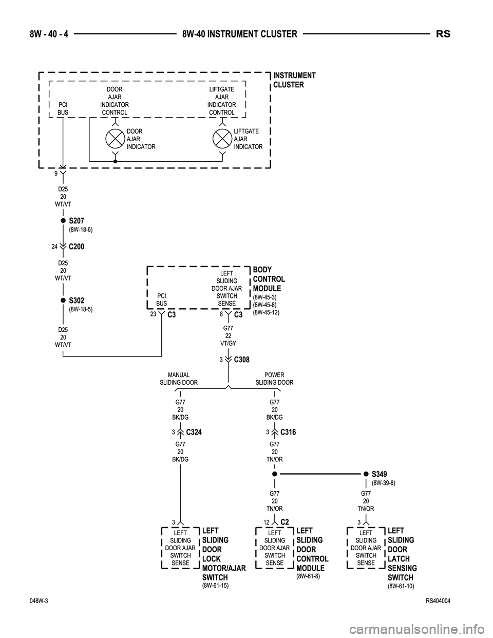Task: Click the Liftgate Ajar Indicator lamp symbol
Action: coord(222,139)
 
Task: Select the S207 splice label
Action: coord(77,221)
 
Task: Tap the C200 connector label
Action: coord(76,247)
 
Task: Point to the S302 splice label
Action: coord(77,301)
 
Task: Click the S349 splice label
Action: coord(380,474)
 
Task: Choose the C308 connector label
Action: coord(241,360)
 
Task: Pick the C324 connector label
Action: coord(194,433)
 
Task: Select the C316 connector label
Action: coord(288,433)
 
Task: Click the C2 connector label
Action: coord(285,522)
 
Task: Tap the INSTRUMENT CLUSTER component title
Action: coord(294,80)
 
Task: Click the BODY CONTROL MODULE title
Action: coord(269,279)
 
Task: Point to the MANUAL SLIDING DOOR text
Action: coord(179,379)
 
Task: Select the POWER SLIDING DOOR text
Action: coord(274,379)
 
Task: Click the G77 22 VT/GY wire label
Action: coord(228,335)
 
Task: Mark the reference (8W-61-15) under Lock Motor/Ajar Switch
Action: coord(215,586)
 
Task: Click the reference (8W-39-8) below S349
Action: coord(383,483)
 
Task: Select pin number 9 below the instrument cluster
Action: coord(55,174)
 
